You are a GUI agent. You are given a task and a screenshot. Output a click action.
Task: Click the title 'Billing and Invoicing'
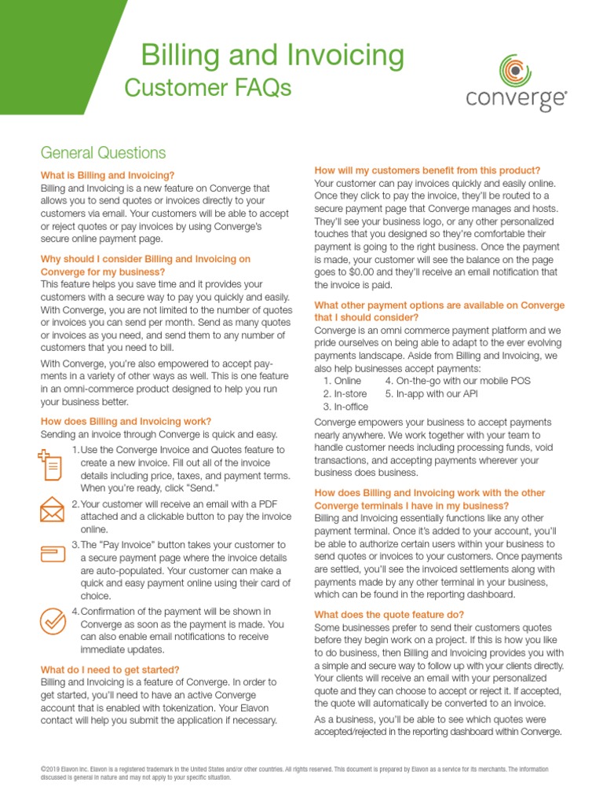[x=272, y=56]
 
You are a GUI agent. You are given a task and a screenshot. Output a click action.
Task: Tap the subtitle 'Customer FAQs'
[x=207, y=89]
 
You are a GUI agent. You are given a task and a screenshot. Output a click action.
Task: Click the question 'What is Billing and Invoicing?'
[x=108, y=175]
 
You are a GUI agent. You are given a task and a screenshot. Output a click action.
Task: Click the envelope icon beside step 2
[x=52, y=510]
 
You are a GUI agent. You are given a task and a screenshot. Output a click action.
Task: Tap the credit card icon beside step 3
[x=52, y=554]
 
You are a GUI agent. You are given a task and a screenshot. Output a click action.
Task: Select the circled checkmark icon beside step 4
[x=53, y=621]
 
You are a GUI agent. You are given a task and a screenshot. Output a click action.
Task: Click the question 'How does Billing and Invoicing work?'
[x=126, y=422]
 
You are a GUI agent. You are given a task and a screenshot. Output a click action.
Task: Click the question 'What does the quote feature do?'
[x=389, y=614]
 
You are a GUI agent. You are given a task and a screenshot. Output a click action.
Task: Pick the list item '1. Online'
[x=342, y=381]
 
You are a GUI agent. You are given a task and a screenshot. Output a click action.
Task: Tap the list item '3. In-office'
[x=345, y=407]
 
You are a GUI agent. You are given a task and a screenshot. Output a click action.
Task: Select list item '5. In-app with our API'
[x=431, y=393]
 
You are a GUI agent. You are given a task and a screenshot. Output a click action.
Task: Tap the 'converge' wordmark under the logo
[x=516, y=100]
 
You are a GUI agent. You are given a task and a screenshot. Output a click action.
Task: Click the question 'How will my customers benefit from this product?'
[x=427, y=170]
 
